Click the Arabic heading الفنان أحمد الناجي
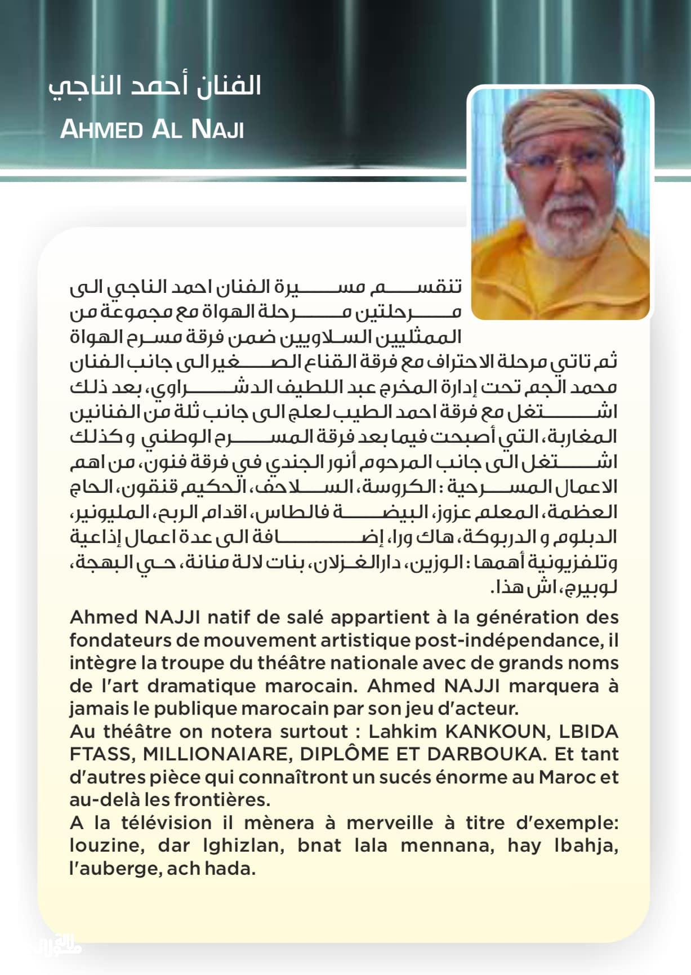[155, 86]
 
